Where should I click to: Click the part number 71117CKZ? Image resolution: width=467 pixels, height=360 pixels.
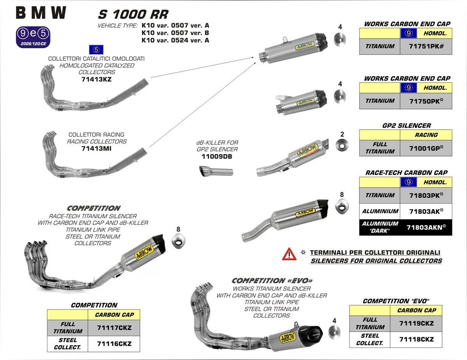pyautogui.click(x=114, y=328)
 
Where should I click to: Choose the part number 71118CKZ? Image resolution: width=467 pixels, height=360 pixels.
pyautogui.click(x=416, y=339)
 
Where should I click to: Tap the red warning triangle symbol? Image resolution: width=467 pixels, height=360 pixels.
pyautogui.click(x=290, y=254)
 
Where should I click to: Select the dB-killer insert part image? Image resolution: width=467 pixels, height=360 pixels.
pyautogui.click(x=216, y=171)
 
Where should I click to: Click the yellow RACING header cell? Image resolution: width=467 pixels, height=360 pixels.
pyautogui.click(x=426, y=135)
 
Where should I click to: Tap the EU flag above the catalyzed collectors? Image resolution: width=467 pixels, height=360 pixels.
pyautogui.click(x=96, y=49)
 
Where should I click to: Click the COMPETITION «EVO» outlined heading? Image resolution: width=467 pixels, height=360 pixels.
pyautogui.click(x=272, y=281)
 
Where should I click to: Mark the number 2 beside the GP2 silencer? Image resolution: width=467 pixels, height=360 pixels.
pyautogui.click(x=342, y=135)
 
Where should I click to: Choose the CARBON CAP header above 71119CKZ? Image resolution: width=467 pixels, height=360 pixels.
pyautogui.click(x=416, y=311)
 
